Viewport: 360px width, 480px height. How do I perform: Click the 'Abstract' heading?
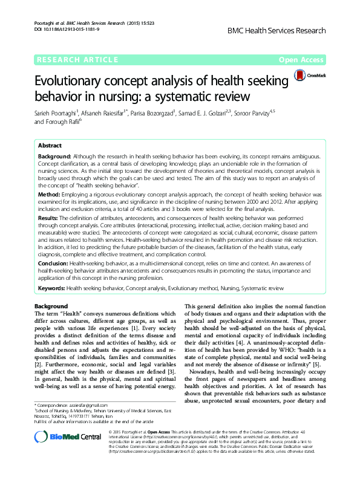(x=50, y=146)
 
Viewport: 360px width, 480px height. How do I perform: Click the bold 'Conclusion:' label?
(x=53, y=264)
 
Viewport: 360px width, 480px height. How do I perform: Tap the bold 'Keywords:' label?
(x=51, y=289)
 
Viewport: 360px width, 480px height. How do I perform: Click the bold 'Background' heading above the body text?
(x=51, y=306)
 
